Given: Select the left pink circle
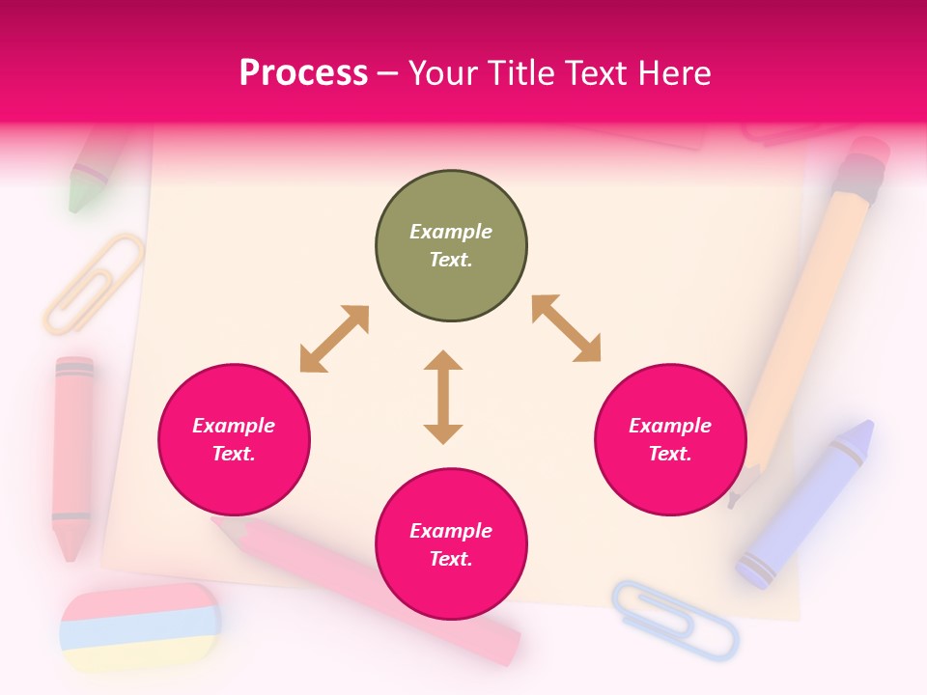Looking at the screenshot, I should (234, 439).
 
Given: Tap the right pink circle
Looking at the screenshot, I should (670, 439).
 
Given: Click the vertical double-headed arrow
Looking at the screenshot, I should (443, 397).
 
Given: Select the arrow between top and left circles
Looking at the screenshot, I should (334, 339).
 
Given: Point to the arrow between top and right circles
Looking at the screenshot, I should (566, 328).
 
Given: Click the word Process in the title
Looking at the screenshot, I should (303, 72).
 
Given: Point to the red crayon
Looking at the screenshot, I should (72, 454).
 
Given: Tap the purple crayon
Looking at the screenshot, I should (807, 502).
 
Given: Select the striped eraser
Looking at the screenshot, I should (140, 628).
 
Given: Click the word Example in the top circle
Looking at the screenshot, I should (451, 232).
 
